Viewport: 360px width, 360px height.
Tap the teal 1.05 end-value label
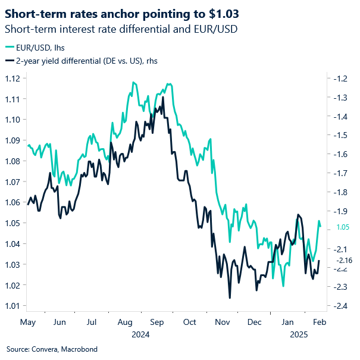343,227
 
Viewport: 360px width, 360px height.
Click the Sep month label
157,321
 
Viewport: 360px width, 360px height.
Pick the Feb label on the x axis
320,321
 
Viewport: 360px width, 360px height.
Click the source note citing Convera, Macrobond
52,349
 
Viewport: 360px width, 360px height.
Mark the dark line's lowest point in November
230,298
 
